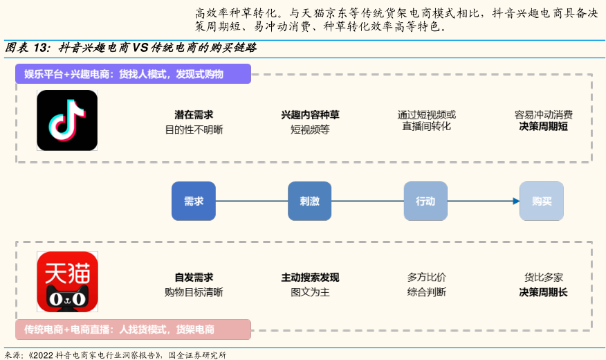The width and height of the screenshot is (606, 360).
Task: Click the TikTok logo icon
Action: pyautogui.click(x=67, y=120)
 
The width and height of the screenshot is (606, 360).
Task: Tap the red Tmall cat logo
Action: pyautogui.click(x=67, y=282)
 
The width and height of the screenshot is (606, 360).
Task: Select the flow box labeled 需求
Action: pyautogui.click(x=194, y=201)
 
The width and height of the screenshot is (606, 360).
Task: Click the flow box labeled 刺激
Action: pyautogui.click(x=309, y=201)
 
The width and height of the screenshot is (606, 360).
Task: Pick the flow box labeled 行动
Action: pyautogui.click(x=425, y=201)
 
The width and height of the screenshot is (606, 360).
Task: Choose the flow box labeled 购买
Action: pyautogui.click(x=542, y=201)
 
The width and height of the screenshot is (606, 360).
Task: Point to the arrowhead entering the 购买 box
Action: pyautogui.click(x=515, y=201)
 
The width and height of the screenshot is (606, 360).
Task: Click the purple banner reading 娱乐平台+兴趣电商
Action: pyautogui.click(x=133, y=74)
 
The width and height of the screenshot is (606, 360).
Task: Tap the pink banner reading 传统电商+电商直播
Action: pyautogui.click(x=133, y=330)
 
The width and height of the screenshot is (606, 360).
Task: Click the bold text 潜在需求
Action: pyautogui.click(x=194, y=115)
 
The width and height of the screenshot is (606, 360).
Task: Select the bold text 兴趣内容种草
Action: pyautogui.click(x=310, y=115)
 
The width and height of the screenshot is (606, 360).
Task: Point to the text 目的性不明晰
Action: pyautogui.click(x=194, y=129)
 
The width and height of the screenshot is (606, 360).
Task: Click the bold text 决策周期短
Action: pyautogui.click(x=543, y=127)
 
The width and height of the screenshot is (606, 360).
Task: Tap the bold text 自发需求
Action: pyautogui.click(x=194, y=278)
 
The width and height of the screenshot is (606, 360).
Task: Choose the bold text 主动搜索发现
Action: pyautogui.click(x=310, y=278)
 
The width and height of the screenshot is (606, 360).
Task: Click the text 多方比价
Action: pyautogui.click(x=426, y=278)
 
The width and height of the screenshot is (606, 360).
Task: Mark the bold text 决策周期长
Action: pyautogui.click(x=543, y=292)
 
